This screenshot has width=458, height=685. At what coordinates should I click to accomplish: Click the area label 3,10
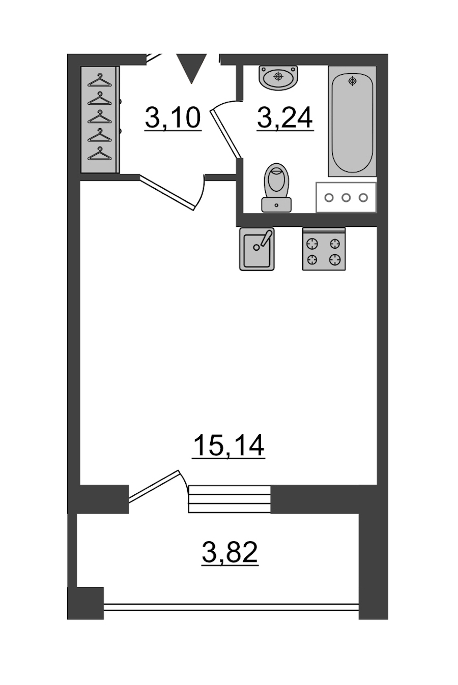click(x=173, y=118)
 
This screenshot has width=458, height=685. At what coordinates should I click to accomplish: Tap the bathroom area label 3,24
click(x=285, y=118)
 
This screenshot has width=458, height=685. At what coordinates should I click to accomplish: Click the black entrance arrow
click(x=192, y=68)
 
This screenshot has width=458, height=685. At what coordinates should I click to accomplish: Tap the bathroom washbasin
click(x=278, y=77)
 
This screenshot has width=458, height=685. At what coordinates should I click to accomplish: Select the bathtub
click(x=352, y=121)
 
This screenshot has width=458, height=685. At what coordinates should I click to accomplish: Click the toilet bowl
click(x=277, y=181)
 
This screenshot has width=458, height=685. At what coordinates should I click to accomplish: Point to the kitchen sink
click(x=256, y=249)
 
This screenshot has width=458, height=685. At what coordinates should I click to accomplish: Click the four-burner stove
click(x=324, y=249)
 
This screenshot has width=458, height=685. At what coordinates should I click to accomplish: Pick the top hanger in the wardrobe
click(x=99, y=81)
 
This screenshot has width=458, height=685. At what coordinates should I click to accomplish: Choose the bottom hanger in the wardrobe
click(x=99, y=153)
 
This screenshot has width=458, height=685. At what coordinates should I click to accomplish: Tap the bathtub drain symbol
click(x=353, y=81)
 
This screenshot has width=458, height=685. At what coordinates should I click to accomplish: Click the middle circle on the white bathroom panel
click(x=346, y=197)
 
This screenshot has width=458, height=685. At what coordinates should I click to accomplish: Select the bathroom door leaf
click(x=226, y=134)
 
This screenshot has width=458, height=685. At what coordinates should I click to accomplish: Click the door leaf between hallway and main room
click(x=167, y=192)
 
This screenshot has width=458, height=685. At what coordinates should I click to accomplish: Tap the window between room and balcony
click(x=230, y=499)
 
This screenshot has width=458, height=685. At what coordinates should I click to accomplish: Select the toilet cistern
click(x=276, y=205)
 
